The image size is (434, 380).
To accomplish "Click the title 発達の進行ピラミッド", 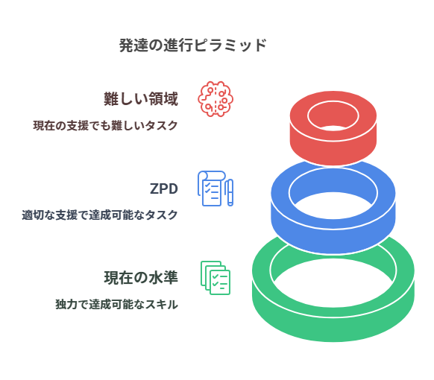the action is click(193, 45).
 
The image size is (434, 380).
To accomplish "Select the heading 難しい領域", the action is click(141, 99).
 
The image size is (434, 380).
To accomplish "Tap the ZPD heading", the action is click(164, 189).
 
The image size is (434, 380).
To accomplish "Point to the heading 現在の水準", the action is click(141, 277).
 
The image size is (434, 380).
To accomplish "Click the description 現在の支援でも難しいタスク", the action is click(105, 125).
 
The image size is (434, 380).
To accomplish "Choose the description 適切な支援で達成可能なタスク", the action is click(100, 215).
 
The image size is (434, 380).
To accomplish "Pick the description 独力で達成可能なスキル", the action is click(117, 304).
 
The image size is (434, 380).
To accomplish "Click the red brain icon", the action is click(216, 99).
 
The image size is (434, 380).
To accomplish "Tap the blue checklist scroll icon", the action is click(212, 189).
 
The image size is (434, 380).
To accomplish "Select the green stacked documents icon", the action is click(216, 278).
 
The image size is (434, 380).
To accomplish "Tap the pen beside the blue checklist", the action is click(230, 192).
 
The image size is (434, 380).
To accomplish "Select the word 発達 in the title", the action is click(133, 45).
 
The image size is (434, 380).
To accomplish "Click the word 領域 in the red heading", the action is click(163, 99).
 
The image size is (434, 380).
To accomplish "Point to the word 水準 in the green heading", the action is click(163, 277).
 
